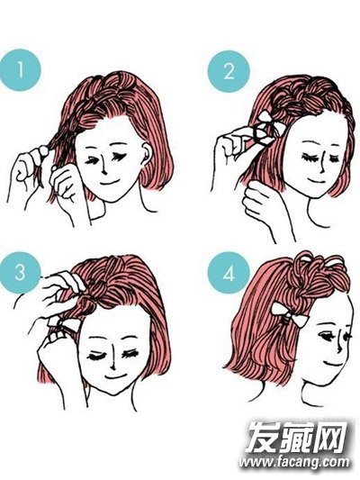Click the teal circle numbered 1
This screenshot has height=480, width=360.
(x=20, y=70)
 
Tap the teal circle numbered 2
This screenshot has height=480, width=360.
(x=229, y=72)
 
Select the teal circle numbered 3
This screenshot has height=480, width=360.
(x=20, y=273)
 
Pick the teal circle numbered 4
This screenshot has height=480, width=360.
(x=229, y=273)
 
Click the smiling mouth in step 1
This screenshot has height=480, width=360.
(x=108, y=183)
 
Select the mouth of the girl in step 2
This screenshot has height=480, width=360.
(x=317, y=179)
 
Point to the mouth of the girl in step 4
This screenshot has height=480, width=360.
(x=333, y=362)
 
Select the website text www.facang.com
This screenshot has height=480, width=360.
(x=294, y=461)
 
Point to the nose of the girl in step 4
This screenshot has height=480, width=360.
(x=339, y=344)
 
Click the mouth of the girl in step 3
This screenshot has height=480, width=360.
(x=115, y=376)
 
